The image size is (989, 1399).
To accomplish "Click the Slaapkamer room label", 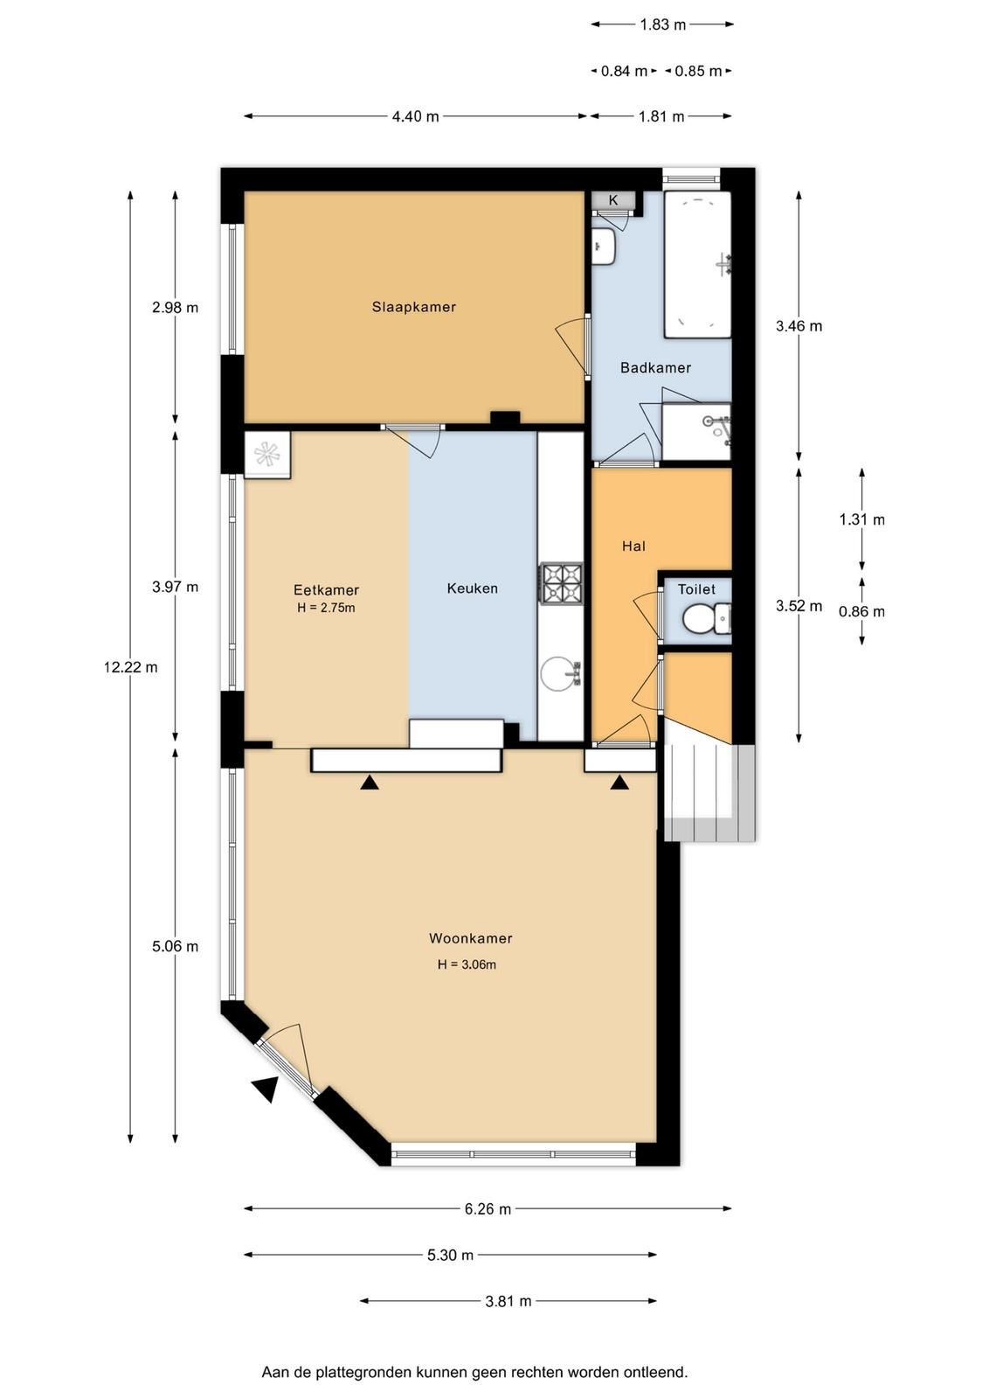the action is coord(414,307).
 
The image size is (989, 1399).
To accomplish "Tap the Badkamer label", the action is coord(655,368).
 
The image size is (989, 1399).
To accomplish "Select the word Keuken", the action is coord(473,588).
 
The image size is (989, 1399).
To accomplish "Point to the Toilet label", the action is coord(696,589).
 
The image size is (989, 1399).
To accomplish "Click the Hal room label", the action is coord(633,546).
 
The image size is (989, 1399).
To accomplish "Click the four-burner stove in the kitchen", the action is coord(562,584).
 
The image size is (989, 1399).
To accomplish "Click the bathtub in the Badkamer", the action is coord(697,265).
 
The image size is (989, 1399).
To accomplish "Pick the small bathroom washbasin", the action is coord(604,246).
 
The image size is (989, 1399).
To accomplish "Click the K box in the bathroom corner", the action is coord(612,200).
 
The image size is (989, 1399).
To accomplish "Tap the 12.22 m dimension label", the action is coord(131,668).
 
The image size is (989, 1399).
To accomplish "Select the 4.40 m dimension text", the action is coord(416,117).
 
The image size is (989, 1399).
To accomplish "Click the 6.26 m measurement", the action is coord(488,1209).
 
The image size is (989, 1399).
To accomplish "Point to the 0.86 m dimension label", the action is coord(861,611).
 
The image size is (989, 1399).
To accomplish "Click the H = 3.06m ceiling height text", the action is coord(467,964).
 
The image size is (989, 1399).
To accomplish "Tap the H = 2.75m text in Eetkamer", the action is coord(327,608).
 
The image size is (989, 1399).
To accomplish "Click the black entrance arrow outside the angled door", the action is coord(266,1089).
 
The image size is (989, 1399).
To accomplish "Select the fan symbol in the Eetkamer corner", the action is coord(267,455).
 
